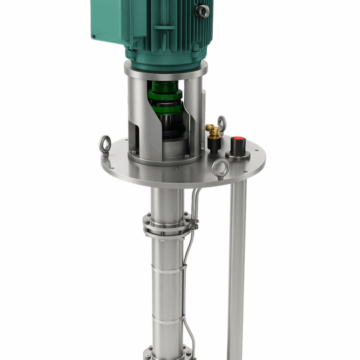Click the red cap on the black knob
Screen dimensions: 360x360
click(x=238, y=141)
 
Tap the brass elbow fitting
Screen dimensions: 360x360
click(x=213, y=127)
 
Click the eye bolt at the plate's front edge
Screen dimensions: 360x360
click(x=219, y=168)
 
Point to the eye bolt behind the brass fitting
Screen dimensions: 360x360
click(x=221, y=123)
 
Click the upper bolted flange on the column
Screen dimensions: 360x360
click(x=165, y=224)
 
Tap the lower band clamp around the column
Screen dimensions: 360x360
click(x=166, y=318)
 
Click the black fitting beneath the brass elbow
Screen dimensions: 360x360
click(x=214, y=143)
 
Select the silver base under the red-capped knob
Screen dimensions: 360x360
click(x=239, y=154)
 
